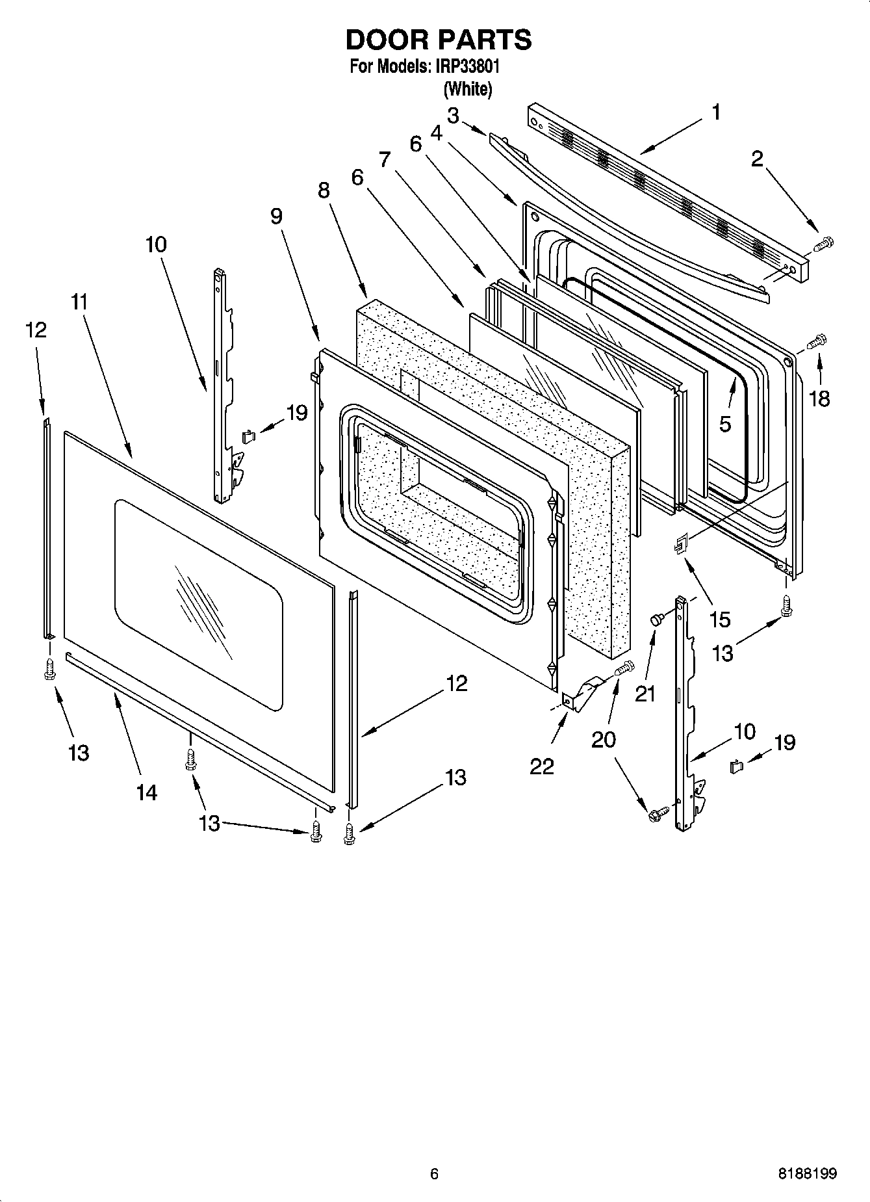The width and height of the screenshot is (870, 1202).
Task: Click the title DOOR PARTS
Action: point(439,40)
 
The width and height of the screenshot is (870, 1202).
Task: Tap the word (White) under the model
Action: point(467,88)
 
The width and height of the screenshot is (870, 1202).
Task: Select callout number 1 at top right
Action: point(715,112)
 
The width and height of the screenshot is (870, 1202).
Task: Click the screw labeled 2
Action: point(823,244)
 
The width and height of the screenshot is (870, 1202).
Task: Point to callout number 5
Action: point(725,424)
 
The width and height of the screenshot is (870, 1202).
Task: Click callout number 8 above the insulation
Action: point(324,190)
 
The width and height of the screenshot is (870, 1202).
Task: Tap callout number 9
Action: point(277,216)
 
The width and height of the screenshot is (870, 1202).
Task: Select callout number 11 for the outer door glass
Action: point(79,302)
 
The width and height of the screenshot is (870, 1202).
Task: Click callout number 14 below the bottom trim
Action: point(147,792)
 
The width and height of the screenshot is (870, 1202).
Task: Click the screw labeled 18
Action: point(817,341)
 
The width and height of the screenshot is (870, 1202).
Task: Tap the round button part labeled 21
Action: point(656,621)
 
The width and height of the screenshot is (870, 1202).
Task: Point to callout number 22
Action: point(541,766)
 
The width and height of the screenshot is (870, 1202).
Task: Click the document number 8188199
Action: point(808,1174)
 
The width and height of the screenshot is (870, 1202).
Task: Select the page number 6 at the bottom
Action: point(434,1174)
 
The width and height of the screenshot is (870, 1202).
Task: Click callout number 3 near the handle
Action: point(453,116)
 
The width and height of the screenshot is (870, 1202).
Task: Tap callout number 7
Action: point(385,159)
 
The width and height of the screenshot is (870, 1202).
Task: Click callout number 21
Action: point(645,694)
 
